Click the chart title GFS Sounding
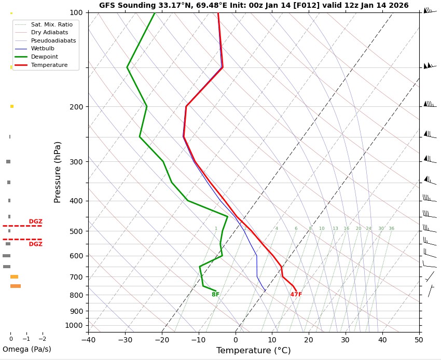point(254,5)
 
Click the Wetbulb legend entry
point(42,48)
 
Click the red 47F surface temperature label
point(296,295)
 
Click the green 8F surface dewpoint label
point(215,295)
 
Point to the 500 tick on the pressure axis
point(76,231)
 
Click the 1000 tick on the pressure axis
point(74,325)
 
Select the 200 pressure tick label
point(76,107)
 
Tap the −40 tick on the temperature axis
point(88,340)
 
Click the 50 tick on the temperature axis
point(419,340)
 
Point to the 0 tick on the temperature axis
point(236,340)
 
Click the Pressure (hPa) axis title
point(58,172)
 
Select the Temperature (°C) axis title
point(253,351)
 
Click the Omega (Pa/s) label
point(27,349)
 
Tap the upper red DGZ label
point(36,221)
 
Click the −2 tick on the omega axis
point(42,339)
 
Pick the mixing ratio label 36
point(391,228)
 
